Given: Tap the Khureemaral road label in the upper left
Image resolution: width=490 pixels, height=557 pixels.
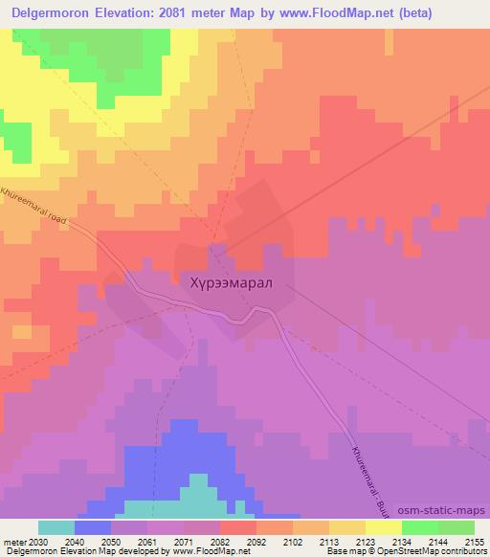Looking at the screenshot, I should coord(35,205).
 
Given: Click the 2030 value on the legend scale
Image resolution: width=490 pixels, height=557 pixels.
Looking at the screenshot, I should coord(37,541).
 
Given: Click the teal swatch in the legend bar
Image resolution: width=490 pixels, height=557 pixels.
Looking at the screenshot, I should coord(56,527).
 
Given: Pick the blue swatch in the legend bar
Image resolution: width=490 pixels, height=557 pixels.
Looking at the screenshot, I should coord(92,527).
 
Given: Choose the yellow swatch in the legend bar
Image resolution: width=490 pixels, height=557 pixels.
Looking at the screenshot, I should coord(383,527).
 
